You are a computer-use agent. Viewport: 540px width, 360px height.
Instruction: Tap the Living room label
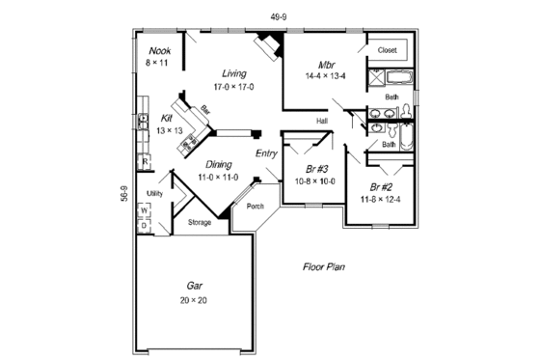[233, 73]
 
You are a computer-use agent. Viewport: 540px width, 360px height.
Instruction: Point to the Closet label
[388, 49]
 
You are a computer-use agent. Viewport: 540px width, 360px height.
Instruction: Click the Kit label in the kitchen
[167, 118]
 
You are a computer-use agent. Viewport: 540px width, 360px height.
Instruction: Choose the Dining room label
[217, 164]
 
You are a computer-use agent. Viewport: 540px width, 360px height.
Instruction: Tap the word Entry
[267, 153]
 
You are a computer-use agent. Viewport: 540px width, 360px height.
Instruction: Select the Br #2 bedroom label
[379, 186]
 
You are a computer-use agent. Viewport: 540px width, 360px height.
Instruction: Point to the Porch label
[256, 207]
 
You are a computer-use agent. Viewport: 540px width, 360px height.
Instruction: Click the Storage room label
[199, 223]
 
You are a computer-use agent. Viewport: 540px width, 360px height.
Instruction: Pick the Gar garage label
[194, 286]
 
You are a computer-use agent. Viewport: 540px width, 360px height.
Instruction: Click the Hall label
[323, 121]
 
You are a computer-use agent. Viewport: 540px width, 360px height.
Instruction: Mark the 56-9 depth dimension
[124, 193]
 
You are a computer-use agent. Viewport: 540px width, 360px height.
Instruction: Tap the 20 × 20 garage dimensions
[194, 300]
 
